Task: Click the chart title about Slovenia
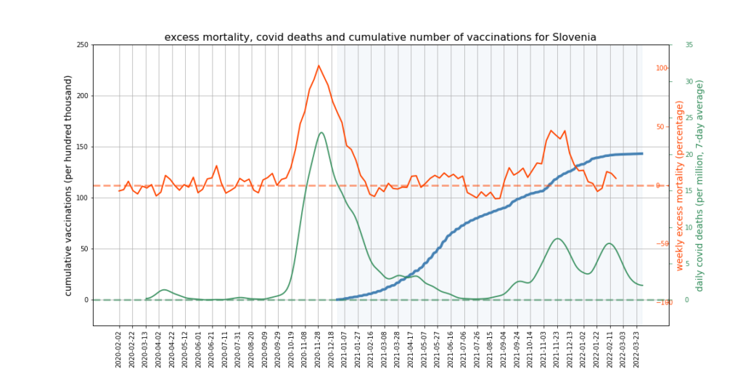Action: tap(380, 37)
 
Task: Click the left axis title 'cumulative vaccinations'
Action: tap(69, 185)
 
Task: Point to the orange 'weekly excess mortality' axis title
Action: tap(680, 186)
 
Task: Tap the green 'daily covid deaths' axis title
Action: tap(700, 186)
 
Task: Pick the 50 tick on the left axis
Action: tap(83, 248)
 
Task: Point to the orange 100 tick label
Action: tap(662, 68)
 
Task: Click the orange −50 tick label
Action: tap(662, 244)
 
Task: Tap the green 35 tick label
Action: tap(689, 45)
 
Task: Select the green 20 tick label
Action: tap(689, 154)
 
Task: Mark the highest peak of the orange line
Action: tap(319, 65)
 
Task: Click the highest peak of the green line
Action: tap(321, 132)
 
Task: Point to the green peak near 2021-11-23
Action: tap(557, 238)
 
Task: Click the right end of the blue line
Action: tap(642, 153)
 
